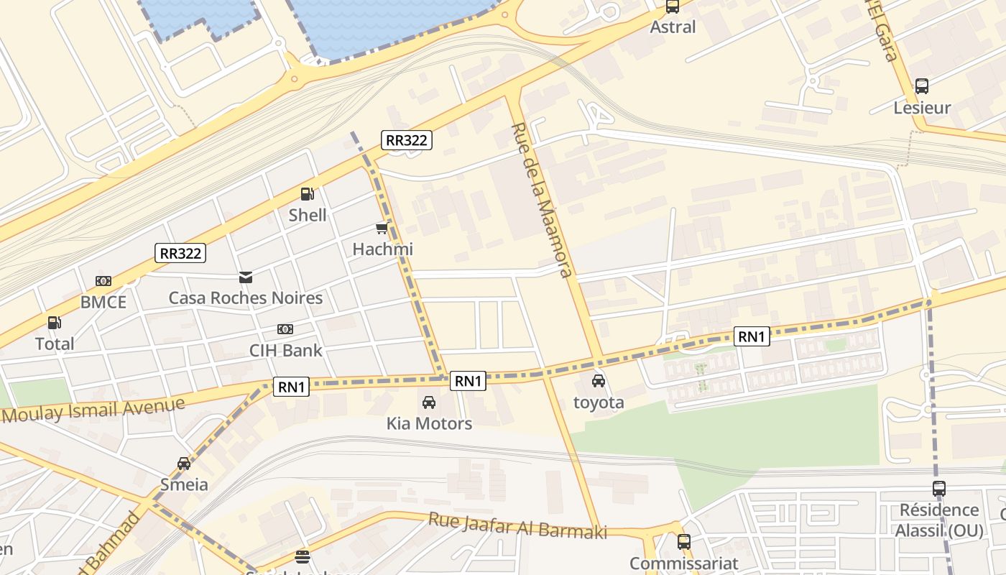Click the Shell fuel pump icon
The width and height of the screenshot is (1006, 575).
[307, 194]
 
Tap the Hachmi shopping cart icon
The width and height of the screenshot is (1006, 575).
[382, 229]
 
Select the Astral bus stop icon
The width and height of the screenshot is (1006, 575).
[672, 6]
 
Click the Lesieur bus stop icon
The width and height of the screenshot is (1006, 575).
[922, 86]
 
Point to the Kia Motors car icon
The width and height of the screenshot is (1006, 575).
[429, 402]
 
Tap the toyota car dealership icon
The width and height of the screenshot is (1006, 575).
[599, 381]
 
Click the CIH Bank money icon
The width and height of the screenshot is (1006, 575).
[285, 329]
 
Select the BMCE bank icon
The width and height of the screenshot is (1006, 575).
[103, 281]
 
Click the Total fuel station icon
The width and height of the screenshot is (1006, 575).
[54, 323]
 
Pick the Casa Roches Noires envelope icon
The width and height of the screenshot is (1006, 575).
[246, 277]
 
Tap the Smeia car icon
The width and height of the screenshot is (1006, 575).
[184, 464]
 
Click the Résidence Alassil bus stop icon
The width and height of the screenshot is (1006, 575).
[938, 489]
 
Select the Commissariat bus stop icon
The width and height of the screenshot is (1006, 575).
[684, 542]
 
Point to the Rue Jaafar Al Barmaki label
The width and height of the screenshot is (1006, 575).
[517, 525]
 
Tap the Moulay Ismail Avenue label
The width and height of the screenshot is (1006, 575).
[93, 410]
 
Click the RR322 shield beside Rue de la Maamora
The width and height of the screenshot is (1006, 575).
[407, 140]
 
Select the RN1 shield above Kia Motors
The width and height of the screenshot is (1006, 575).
[468, 381]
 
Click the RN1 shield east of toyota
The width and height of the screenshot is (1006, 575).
[752, 336]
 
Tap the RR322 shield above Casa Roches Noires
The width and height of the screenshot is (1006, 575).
[180, 253]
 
